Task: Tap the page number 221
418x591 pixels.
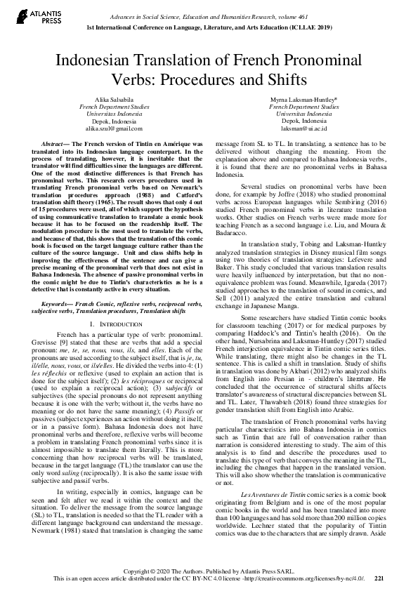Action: [x=379, y=579]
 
